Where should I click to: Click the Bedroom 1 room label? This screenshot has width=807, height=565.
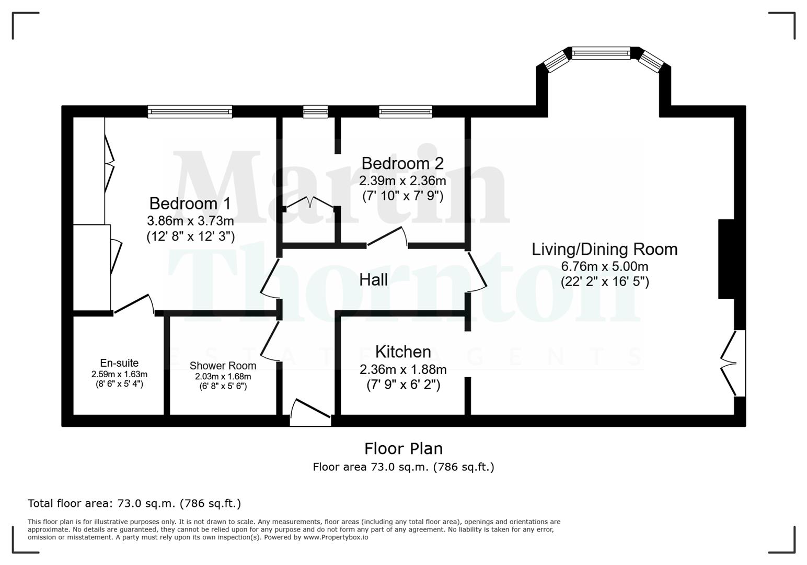pos(190,204)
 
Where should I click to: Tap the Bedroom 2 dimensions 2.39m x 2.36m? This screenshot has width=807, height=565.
pos(402,181)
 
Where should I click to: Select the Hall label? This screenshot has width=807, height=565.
pos(373,280)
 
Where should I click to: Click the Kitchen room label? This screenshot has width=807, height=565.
pos(403,352)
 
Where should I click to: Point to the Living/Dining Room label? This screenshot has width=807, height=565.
pos(604,249)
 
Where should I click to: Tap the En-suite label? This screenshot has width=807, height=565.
pos(119,363)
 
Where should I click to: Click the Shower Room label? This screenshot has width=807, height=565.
pos(223,366)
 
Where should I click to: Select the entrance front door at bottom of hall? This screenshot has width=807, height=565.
pos(310,412)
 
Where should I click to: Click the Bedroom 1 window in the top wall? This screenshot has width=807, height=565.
pos(190,111)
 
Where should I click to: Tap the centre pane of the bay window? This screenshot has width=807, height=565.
pos(601,53)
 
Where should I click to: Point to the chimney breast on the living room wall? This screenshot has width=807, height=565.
pos(727,259)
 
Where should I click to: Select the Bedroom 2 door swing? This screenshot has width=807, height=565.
pos(387,236)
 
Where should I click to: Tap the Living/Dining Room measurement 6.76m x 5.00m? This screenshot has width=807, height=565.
pos(604,266)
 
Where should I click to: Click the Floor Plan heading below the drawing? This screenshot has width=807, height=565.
pos(403,448)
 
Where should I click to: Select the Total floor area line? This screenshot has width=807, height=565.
pos(134,503)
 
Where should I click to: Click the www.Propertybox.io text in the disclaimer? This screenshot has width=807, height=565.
pos(336,537)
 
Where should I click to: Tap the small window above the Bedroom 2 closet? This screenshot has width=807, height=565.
pos(316,111)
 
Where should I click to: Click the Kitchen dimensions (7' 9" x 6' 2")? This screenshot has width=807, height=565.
pos(403,385)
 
